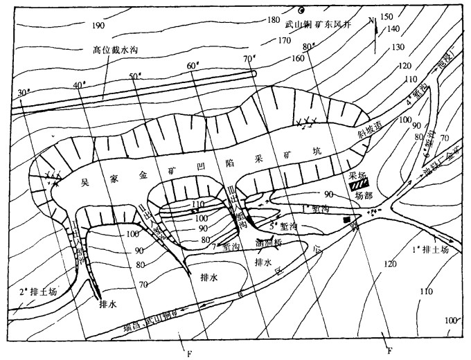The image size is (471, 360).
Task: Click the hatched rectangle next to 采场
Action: click(x=357, y=185)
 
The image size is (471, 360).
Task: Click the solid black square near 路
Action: click(x=344, y=219)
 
